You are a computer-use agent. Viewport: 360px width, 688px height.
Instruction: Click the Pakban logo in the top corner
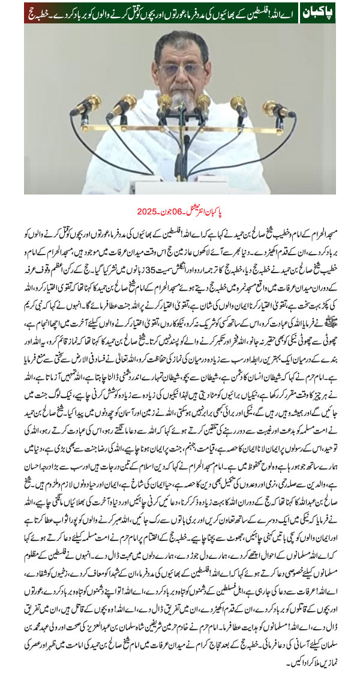(317, 12)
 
